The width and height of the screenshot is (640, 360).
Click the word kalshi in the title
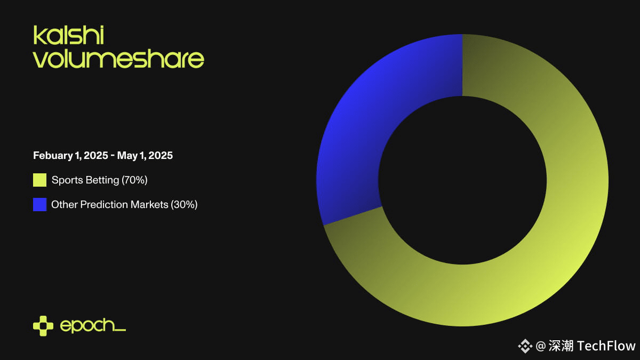[69, 35]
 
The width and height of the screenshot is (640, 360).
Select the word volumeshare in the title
[118, 59]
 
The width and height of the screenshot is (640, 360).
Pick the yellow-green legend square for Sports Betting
[39, 180]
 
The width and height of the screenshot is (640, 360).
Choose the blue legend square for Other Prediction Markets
[39, 205]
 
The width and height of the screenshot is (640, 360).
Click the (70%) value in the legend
[134, 180]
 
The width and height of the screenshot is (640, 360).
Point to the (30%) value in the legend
[185, 205]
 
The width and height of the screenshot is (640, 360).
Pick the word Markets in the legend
[149, 205]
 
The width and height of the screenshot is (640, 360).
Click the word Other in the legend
[65, 205]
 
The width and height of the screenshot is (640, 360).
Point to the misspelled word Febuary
[53, 156]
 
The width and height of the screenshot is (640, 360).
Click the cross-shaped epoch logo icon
[43, 326]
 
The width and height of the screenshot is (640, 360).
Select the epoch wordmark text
[93, 326]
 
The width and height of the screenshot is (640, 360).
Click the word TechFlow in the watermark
[606, 346]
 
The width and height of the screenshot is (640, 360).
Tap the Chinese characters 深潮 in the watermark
[561, 346]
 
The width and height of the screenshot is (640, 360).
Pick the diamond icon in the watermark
[525, 346]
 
